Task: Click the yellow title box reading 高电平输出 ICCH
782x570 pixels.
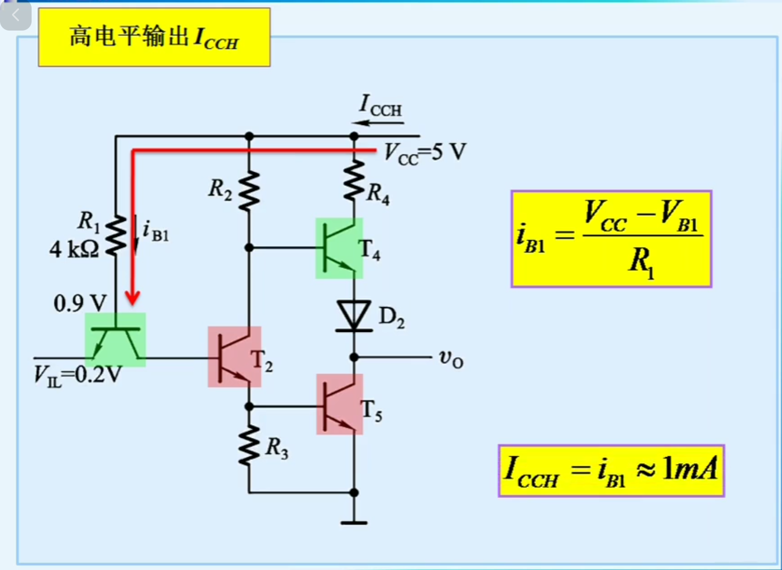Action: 154,37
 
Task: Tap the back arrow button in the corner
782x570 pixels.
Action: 15,15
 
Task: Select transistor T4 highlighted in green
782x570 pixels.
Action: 339,248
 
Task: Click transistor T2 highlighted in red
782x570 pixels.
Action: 234,357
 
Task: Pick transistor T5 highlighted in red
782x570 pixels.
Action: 339,405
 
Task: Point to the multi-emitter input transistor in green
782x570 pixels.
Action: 115,340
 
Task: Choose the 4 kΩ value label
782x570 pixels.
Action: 74,249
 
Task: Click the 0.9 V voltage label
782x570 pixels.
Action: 80,303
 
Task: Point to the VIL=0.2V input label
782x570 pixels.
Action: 77,375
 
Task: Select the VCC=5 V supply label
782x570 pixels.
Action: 424,152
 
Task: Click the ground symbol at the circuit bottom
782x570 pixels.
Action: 354,522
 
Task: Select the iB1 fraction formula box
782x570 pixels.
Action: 611,239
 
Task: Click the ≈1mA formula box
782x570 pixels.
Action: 611,470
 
